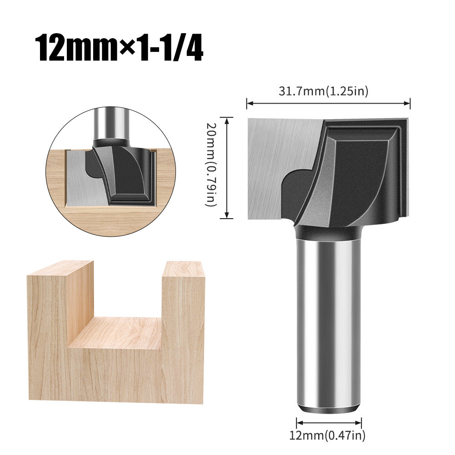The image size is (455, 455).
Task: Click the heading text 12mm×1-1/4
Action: [x=120, y=48]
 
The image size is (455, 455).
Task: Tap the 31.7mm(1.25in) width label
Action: [x=323, y=91]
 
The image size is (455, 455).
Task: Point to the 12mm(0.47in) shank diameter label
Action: [x=327, y=436]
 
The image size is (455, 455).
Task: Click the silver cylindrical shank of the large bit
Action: [x=328, y=318]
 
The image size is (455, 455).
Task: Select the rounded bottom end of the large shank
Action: [x=328, y=407]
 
